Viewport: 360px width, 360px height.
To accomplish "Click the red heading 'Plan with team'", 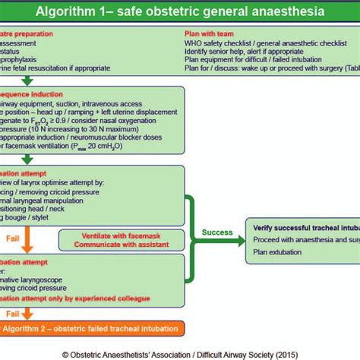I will click(210, 34).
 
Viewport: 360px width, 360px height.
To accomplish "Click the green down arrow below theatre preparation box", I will click(27, 80).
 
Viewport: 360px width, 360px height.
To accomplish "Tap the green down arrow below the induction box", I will click(27, 159).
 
